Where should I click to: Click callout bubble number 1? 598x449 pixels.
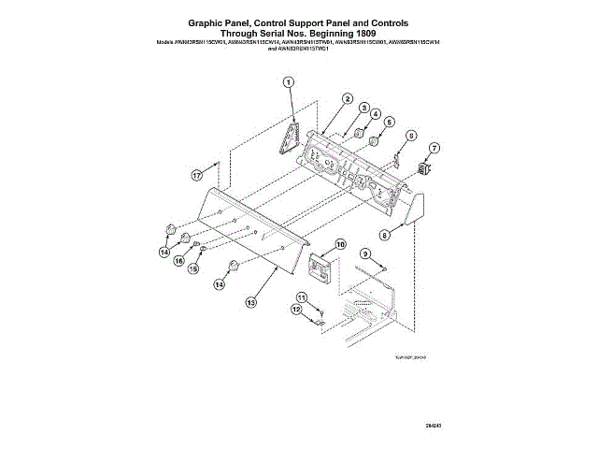289,82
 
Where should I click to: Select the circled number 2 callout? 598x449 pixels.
347,98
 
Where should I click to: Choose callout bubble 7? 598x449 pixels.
435,149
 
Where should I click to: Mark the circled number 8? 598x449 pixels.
384,236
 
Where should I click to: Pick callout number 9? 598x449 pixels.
365,254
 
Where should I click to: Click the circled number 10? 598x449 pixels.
340,245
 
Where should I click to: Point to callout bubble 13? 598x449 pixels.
250,302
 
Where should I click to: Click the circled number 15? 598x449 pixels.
194,268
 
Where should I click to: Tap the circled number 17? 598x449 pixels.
197,175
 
